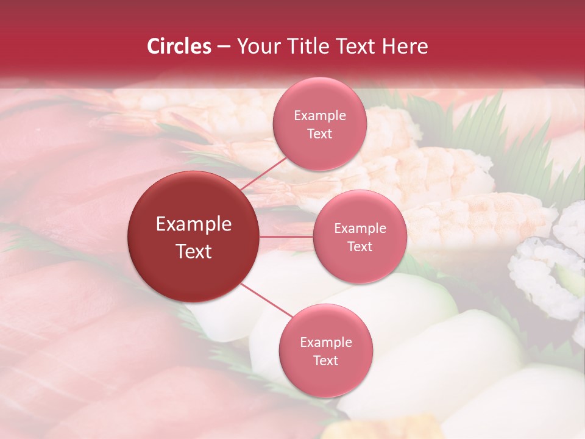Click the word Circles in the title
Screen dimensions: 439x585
[x=179, y=46]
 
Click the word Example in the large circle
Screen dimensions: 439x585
[x=193, y=224]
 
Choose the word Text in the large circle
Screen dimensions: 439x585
[x=193, y=251]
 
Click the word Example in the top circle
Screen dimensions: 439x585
[x=319, y=116]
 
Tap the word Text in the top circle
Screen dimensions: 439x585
[x=319, y=134]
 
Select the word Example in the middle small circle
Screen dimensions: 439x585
[x=360, y=229]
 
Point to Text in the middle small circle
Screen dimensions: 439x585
[x=360, y=247]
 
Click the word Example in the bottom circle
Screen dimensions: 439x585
[x=325, y=343]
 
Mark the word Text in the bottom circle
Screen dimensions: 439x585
[x=325, y=361]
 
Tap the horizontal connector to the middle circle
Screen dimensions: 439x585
[x=286, y=236]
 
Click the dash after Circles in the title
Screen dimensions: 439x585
[x=224, y=46]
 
